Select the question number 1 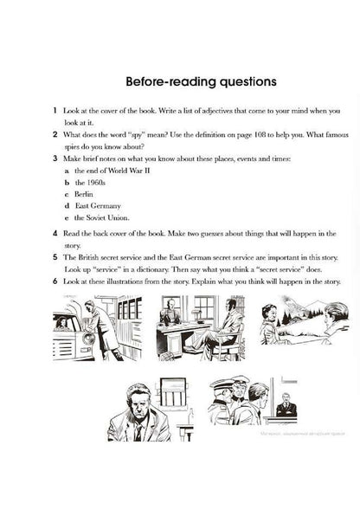(x=55, y=113)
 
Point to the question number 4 (x=55, y=234)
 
